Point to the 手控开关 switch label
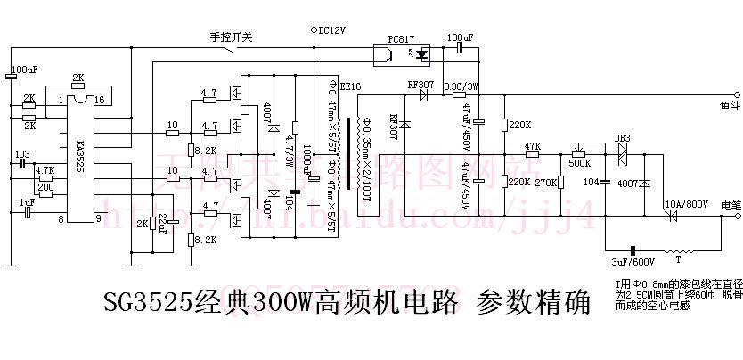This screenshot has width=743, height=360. [x=232, y=37]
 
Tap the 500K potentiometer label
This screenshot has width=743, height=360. [x=578, y=162]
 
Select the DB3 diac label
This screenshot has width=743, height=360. [x=623, y=138]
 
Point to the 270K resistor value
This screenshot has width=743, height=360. [x=544, y=183]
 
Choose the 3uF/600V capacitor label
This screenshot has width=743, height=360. [x=633, y=262]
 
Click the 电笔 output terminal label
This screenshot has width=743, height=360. [x=729, y=203]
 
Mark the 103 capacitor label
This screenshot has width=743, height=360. [x=22, y=154]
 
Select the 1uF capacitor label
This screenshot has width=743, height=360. [x=27, y=202]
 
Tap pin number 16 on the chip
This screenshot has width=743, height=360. [x=99, y=100]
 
